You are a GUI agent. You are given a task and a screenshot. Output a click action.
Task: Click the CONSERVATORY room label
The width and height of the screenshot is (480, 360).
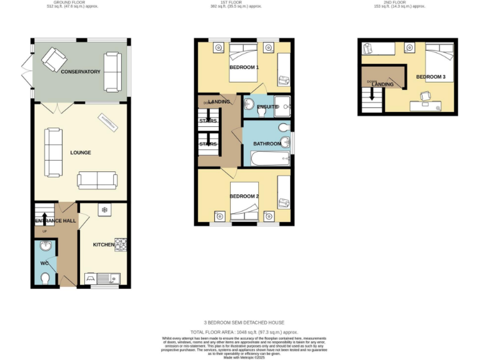click(x=80, y=72)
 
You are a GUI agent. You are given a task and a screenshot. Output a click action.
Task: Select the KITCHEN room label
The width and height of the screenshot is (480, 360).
click(x=104, y=244)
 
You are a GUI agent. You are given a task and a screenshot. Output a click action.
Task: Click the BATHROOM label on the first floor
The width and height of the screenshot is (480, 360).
click(x=267, y=144)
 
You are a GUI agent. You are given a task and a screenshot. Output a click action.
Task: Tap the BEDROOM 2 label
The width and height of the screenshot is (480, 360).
click(x=244, y=196)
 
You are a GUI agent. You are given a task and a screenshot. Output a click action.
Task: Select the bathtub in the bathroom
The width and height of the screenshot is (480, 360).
click(x=267, y=158)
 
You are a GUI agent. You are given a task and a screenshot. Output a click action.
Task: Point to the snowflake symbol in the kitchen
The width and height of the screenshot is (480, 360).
click(x=104, y=210)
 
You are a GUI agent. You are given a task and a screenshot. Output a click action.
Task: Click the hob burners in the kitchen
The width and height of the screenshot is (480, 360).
click(x=121, y=244)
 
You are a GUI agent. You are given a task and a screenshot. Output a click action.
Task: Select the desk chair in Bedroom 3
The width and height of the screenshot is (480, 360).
click(x=426, y=95)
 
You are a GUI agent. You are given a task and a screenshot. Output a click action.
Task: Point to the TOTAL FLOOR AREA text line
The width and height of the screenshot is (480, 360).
click(x=240, y=332)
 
